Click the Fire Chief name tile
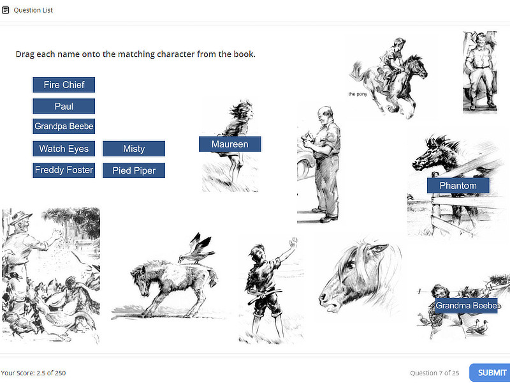(64, 85)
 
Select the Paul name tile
(64, 106)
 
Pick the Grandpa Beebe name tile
(64, 126)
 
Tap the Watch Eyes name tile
(64, 149)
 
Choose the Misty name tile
(134, 149)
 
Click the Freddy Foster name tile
(64, 170)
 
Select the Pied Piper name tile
(134, 170)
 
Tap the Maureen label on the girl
(230, 144)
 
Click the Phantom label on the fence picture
(458, 185)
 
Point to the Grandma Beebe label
(466, 306)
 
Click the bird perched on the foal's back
(196, 248)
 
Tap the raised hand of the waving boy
(293, 243)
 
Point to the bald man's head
(325, 115)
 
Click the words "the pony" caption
(358, 94)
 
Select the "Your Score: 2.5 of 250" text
(33, 373)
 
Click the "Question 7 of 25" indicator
(435, 373)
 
